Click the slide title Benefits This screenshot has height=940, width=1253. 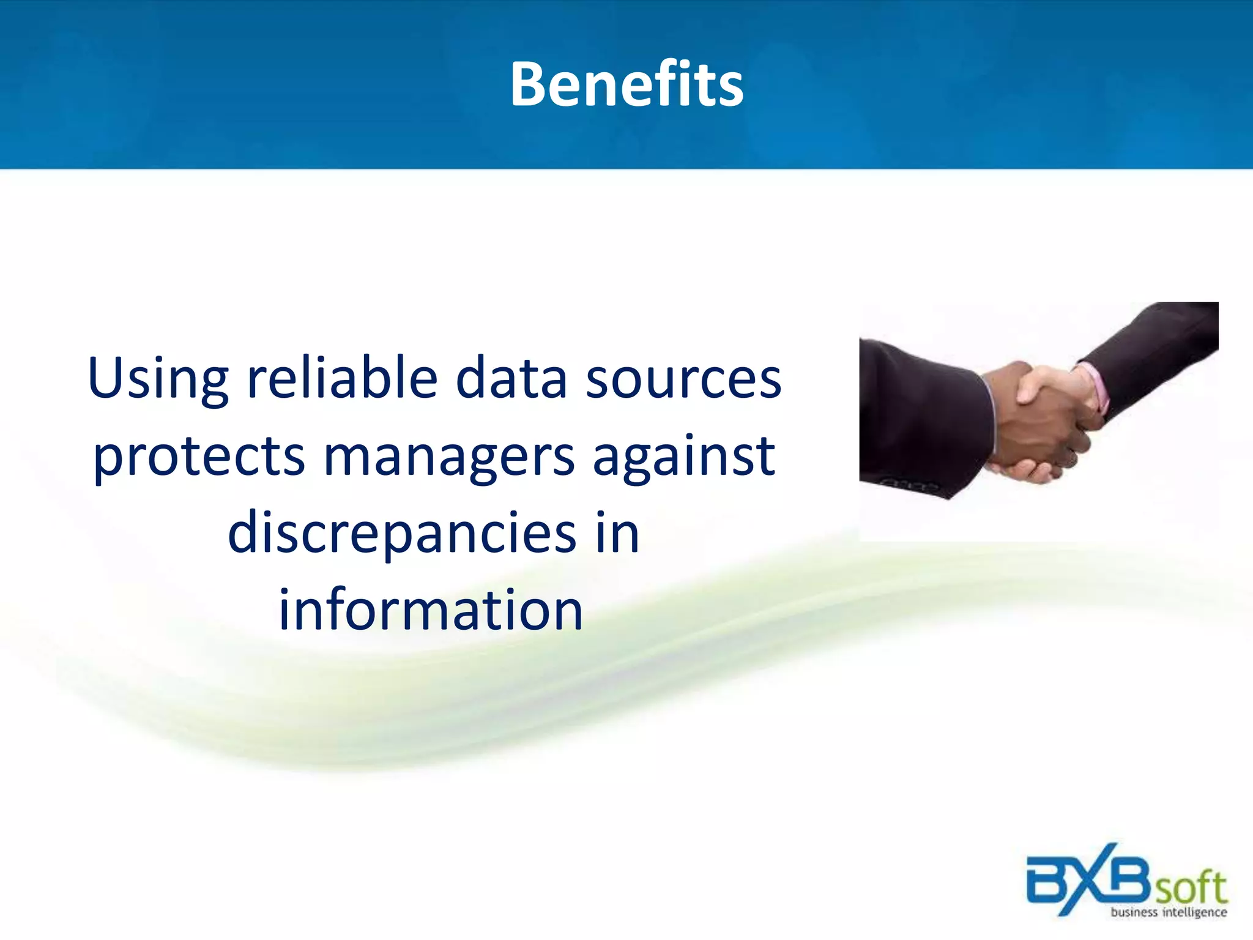pos(626,84)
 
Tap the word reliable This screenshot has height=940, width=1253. pos(342,378)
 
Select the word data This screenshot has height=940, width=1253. pos(511,378)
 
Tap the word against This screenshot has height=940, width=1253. pos(684,456)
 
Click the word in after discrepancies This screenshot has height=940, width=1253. pos(617,532)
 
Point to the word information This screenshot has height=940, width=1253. pos(431,610)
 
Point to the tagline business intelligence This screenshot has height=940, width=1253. pos(1169,912)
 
